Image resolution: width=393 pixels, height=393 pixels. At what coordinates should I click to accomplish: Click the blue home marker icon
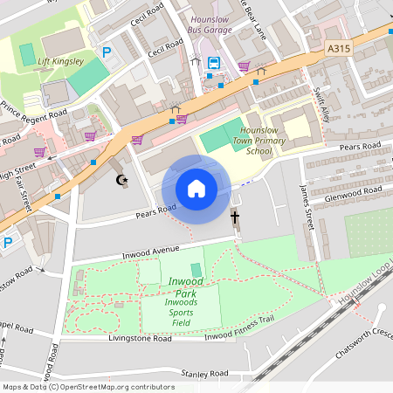(x=196, y=189)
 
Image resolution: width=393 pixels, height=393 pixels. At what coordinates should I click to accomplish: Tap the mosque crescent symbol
(x=122, y=180)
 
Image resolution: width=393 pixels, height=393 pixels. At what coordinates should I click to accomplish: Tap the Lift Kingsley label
(x=60, y=61)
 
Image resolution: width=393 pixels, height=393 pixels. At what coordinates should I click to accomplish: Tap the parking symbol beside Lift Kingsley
(x=107, y=52)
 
